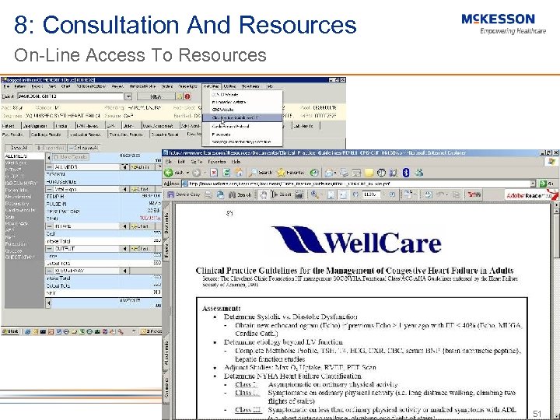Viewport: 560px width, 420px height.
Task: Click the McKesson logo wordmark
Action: pos(498,19)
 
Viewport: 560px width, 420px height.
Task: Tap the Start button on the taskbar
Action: pos(12,331)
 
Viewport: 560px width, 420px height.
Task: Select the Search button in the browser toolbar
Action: pos(262,172)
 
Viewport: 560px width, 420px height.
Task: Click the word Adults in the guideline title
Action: pos(498,271)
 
